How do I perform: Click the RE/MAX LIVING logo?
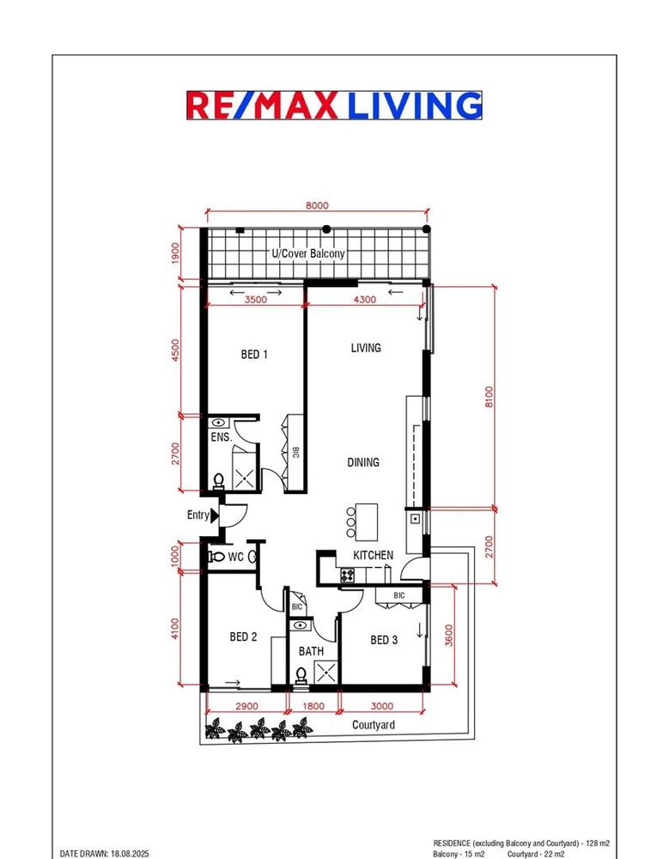pos(334,105)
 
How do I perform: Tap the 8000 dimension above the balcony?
pos(317,205)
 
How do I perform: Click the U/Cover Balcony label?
pos(308,253)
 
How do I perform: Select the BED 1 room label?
pos(254,355)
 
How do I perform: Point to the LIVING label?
pos(366,347)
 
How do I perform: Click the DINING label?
pos(363,462)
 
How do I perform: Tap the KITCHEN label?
pos(373,556)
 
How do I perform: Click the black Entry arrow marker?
pos(215,515)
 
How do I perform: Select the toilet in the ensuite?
pos(219,481)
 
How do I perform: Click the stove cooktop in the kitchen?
pos(347,576)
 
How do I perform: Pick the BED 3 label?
pos(384,640)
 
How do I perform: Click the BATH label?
pos(311,651)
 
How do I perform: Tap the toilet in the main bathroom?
pos(301,675)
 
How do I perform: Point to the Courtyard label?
pos(373,725)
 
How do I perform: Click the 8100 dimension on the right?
pos(490,397)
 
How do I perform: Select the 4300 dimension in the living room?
pos(365,300)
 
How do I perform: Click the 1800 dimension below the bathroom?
pos(313,706)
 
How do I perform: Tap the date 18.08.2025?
pos(130,854)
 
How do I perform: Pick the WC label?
pos(235,557)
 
